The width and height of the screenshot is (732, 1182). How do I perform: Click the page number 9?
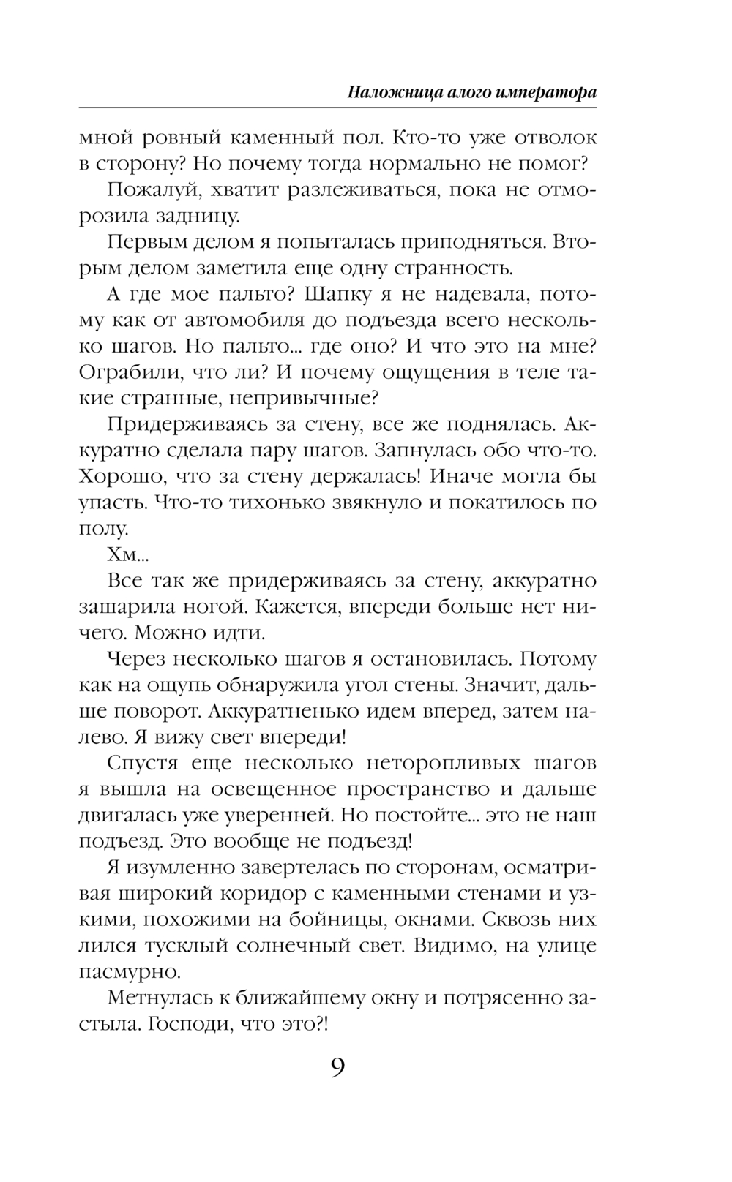point(337,1068)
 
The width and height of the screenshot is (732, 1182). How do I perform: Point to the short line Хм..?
point(127,555)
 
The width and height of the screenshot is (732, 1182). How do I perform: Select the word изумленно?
point(180,867)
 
